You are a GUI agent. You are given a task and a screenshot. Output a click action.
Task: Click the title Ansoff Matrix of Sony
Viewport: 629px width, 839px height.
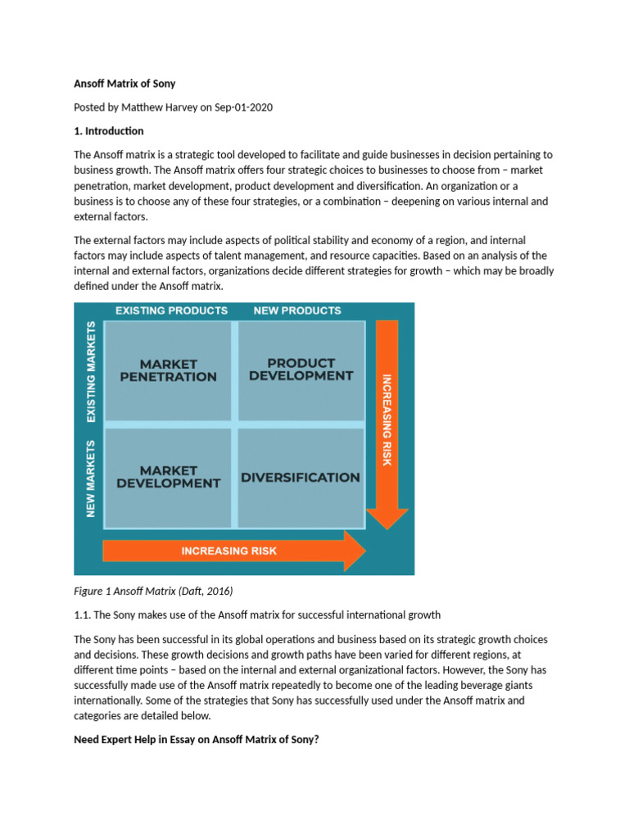[x=124, y=84]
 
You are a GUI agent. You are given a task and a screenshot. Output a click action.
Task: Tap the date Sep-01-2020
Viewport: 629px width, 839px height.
[x=242, y=107]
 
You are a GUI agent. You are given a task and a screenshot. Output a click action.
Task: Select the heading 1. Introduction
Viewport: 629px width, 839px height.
[x=109, y=131]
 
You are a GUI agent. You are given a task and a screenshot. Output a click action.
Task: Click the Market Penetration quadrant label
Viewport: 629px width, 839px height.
[x=168, y=370]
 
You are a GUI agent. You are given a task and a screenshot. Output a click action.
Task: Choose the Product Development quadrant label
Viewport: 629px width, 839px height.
[x=301, y=369]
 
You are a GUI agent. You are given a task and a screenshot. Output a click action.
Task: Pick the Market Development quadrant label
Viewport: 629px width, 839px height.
[x=168, y=477]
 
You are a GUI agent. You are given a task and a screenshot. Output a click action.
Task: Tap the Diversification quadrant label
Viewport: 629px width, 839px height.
[x=301, y=477]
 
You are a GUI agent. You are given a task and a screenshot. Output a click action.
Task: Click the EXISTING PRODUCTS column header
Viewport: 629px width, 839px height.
[x=171, y=311]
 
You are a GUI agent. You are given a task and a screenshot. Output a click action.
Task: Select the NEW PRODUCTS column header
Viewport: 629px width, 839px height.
[x=297, y=311]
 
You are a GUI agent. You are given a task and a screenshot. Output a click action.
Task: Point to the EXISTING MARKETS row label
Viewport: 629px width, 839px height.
[x=91, y=372]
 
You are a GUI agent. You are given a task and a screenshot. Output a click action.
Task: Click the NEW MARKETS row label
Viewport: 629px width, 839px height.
[x=91, y=478]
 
